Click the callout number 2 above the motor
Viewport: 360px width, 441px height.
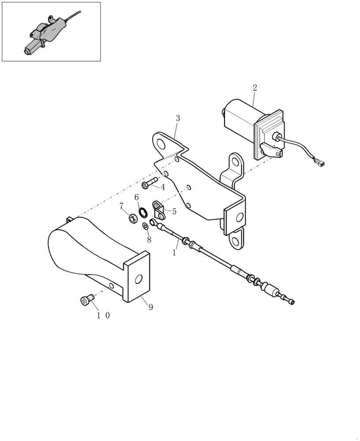255,88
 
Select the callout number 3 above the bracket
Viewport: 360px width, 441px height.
178,118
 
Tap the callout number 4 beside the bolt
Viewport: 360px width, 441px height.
163,187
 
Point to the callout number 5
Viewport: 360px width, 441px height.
174,212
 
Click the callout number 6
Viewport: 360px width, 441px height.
137,197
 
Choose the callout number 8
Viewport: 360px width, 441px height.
149,240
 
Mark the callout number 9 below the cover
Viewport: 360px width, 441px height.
150,307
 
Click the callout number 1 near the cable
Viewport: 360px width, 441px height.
174,254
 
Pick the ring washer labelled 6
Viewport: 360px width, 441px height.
143,213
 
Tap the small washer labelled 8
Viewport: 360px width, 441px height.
145,226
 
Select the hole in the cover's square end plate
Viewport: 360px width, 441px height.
139,279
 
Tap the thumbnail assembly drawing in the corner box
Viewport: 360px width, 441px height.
51,32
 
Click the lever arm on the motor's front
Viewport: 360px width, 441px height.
270,150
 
